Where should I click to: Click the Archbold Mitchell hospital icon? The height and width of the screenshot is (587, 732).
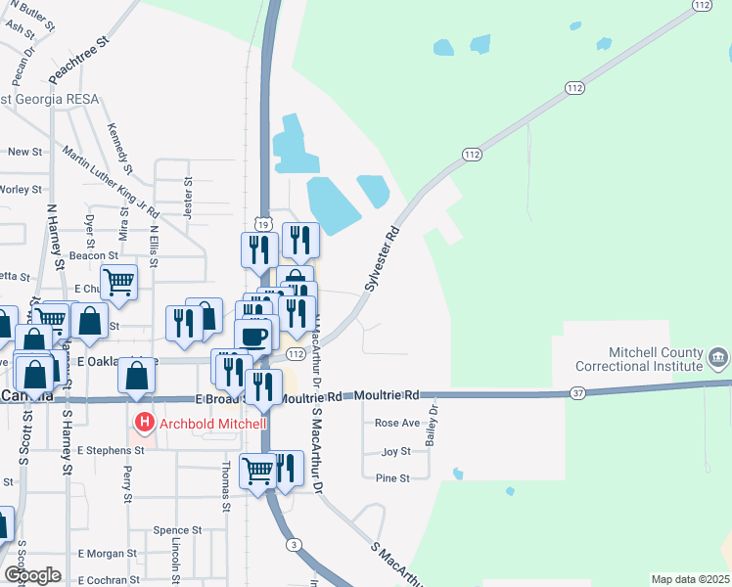[145, 424]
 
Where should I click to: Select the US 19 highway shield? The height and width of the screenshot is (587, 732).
[264, 223]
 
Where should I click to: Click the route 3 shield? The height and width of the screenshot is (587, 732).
[292, 544]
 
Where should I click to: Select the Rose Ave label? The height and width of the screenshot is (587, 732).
[397, 424]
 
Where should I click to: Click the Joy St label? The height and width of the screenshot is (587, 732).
[395, 451]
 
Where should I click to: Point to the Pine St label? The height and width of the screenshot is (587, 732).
[391, 478]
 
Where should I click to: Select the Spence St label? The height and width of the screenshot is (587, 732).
[177, 530]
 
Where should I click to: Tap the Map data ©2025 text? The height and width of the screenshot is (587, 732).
[690, 579]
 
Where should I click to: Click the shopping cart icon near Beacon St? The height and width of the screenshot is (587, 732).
[118, 282]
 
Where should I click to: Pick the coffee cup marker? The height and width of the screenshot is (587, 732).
[253, 336]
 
